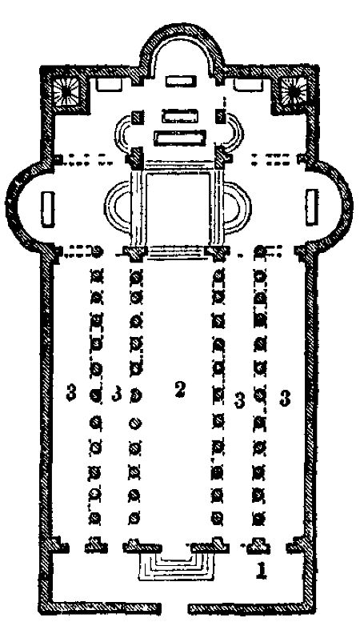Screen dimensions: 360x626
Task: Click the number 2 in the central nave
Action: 180,389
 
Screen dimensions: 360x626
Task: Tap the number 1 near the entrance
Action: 261,570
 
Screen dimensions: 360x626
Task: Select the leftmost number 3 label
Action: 71,392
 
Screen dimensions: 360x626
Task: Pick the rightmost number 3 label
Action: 284,398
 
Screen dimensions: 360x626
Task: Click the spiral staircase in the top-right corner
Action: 294,91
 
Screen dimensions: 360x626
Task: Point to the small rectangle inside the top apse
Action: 181,82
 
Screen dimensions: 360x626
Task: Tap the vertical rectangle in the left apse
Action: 47,209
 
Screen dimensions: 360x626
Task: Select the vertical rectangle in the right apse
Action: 312,207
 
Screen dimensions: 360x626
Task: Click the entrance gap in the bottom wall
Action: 174,609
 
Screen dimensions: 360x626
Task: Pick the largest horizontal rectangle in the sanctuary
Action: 180,138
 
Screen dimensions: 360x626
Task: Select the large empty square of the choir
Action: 178,208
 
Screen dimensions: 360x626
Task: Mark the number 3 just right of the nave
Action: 239,400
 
